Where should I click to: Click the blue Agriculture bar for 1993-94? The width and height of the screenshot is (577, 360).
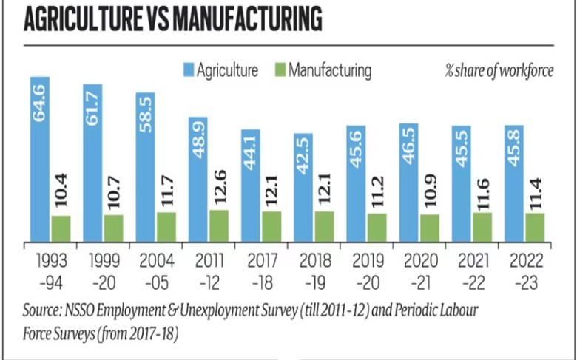[40, 159]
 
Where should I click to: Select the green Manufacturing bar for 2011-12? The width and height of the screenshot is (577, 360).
[220, 225]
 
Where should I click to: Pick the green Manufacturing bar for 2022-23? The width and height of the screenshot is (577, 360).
[535, 227]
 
